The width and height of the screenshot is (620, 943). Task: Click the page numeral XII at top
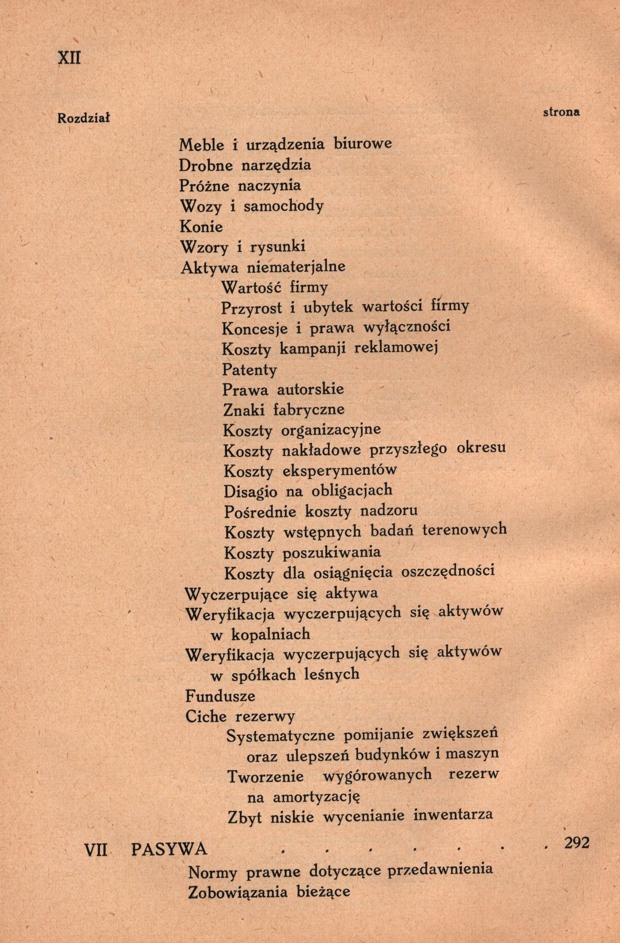[x=69, y=58]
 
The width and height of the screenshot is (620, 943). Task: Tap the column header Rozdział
[x=84, y=118]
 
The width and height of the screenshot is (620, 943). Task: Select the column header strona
[x=561, y=112]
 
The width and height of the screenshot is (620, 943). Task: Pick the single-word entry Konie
[x=201, y=227]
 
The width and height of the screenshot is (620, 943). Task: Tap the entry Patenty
[x=249, y=370]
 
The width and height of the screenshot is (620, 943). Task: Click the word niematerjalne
[x=296, y=268]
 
